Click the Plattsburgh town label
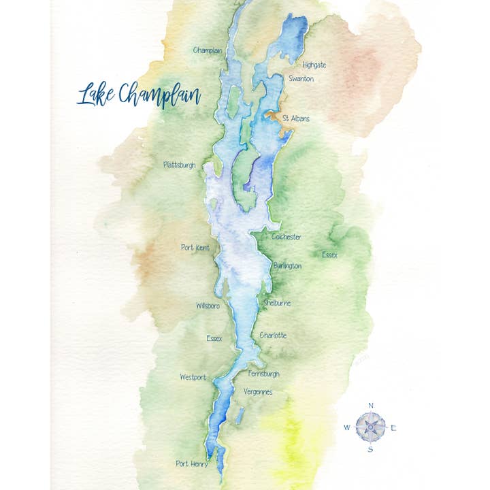click(180, 165)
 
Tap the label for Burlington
click(287, 266)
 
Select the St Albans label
click(295, 118)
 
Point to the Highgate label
click(314, 65)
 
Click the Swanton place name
click(301, 79)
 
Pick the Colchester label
click(286, 237)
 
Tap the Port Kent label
click(195, 248)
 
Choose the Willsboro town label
click(208, 306)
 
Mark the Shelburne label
click(276, 303)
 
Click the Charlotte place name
click(273, 336)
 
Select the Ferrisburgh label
click(263, 374)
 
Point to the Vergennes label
click(258, 391)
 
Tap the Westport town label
click(193, 377)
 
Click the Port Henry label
click(191, 463)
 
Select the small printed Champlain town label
click(208, 50)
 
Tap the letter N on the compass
click(371, 406)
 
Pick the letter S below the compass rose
click(371, 449)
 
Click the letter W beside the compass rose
click(347, 428)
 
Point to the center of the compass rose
click(371, 427)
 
